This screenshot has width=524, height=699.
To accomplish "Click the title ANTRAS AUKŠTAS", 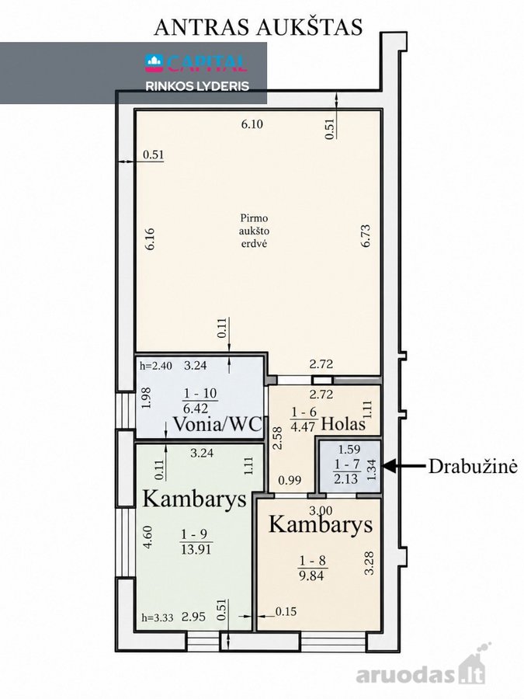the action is (258, 26).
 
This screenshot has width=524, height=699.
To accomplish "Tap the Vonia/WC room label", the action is (217, 423).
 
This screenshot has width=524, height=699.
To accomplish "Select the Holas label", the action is (343, 423).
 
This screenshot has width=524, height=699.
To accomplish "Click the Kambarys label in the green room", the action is (194, 499).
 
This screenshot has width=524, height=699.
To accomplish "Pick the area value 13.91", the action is (196, 549).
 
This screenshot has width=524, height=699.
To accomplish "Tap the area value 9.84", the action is (312, 576).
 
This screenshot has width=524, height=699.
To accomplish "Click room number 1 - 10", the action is (200, 393).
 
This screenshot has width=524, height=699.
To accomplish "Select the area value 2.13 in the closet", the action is (346, 478).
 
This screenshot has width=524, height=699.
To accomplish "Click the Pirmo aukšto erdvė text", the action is (255, 231).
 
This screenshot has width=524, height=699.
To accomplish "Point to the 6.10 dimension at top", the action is (252, 124).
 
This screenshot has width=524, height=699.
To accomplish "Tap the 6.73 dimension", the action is (366, 236).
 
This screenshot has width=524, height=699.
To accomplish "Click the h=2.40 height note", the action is (155, 366).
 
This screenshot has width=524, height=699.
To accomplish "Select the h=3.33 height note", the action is (158, 618).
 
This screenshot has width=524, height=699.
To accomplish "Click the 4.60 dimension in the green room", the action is (148, 537).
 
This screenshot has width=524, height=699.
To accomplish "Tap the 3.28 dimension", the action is (369, 563).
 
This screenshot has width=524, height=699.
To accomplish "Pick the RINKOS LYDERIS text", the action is (197, 86).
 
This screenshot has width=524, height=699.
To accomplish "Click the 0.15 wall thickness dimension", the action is (286, 612).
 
